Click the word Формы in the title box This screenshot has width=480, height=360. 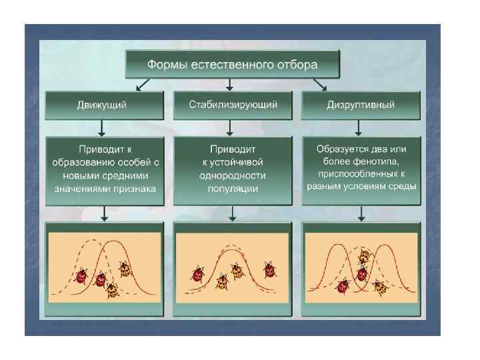click(167, 65)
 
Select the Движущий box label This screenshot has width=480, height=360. click(104, 105)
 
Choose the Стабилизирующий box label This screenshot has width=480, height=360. click(233, 105)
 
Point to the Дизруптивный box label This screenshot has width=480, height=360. click(361, 105)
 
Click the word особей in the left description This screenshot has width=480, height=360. click(133, 162)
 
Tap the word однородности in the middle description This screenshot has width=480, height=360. click(232, 175)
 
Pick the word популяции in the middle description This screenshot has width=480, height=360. click(232, 189)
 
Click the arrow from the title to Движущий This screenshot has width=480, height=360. click(141, 85)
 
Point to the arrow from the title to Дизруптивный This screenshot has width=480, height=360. click(320, 85)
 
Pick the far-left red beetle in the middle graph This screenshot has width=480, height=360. click(198, 273)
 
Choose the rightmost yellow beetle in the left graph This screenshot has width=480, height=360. click(125, 268)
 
